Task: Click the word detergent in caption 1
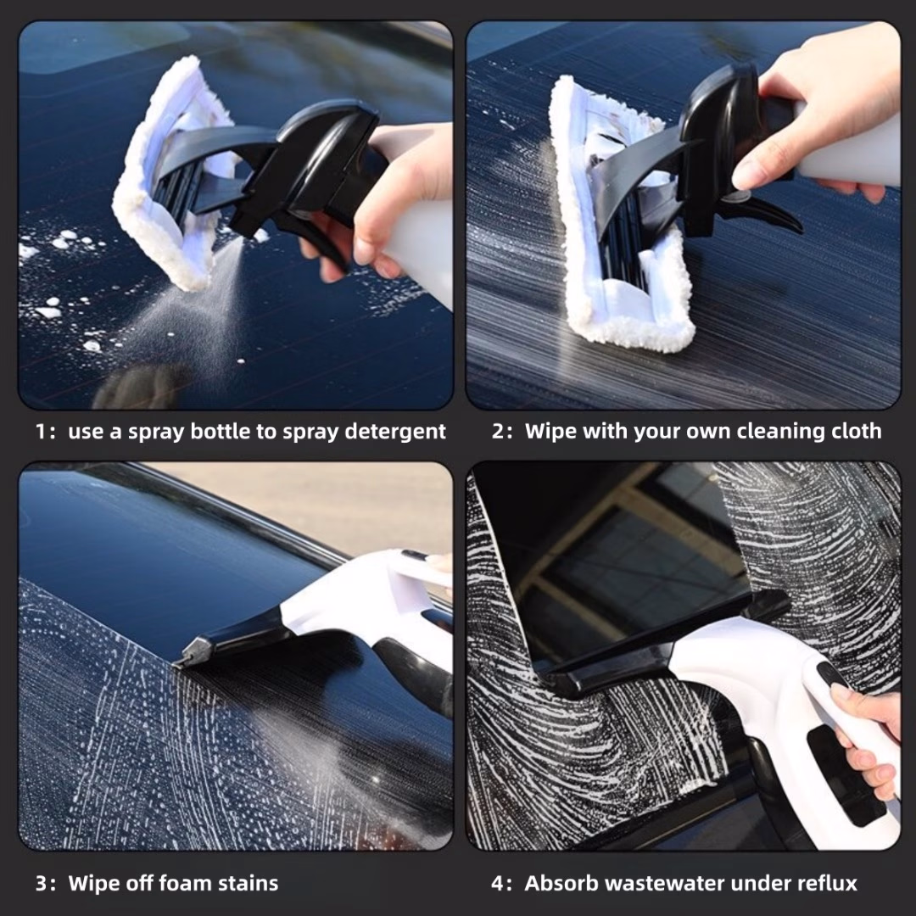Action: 398,432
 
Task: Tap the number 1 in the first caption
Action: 40,432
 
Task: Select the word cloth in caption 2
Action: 856,432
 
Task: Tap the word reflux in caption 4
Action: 828,884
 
